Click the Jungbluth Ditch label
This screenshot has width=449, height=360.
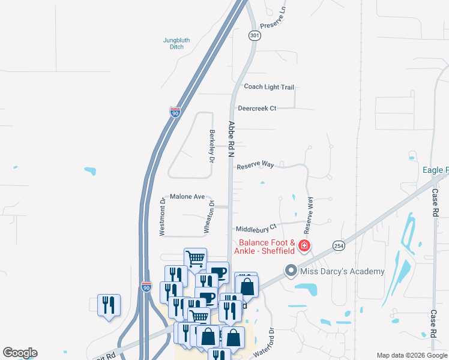[x=176, y=43]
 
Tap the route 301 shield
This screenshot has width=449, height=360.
[x=255, y=36]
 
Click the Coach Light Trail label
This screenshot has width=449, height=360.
[x=269, y=87]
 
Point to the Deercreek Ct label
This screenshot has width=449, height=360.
[x=257, y=109]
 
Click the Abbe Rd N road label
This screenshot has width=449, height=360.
[x=231, y=139]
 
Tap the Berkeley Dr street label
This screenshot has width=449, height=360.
[x=211, y=146]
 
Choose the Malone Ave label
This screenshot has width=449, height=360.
[x=187, y=196]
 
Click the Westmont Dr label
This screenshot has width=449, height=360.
[x=162, y=217]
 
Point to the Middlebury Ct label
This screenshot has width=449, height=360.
[x=256, y=229]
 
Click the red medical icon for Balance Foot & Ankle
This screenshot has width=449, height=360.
[x=304, y=245]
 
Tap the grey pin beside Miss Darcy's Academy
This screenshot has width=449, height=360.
[x=291, y=271]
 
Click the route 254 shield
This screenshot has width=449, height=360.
[x=338, y=246]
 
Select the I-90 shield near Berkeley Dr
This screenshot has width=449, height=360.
[x=175, y=112]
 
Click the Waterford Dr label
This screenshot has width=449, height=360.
[x=264, y=343]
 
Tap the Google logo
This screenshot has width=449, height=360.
[x=20, y=353]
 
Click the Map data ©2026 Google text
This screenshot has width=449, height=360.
[x=411, y=355]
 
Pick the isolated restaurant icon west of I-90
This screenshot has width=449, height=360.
[x=109, y=306]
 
